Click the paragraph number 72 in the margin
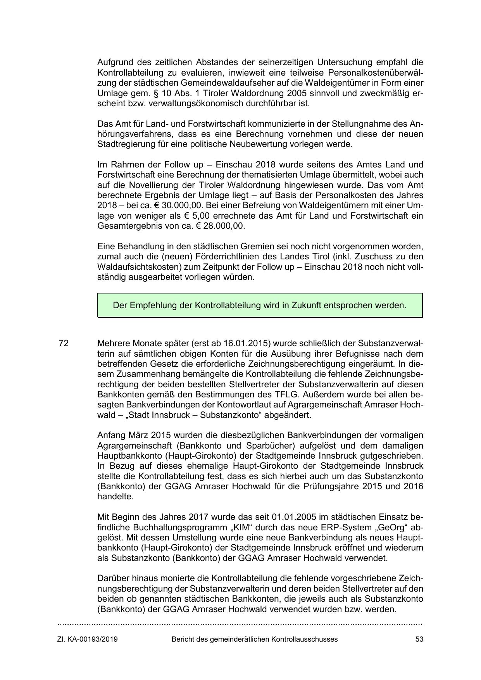(x=64, y=343)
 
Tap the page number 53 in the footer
(x=419, y=639)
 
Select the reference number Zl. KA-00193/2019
(x=88, y=639)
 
